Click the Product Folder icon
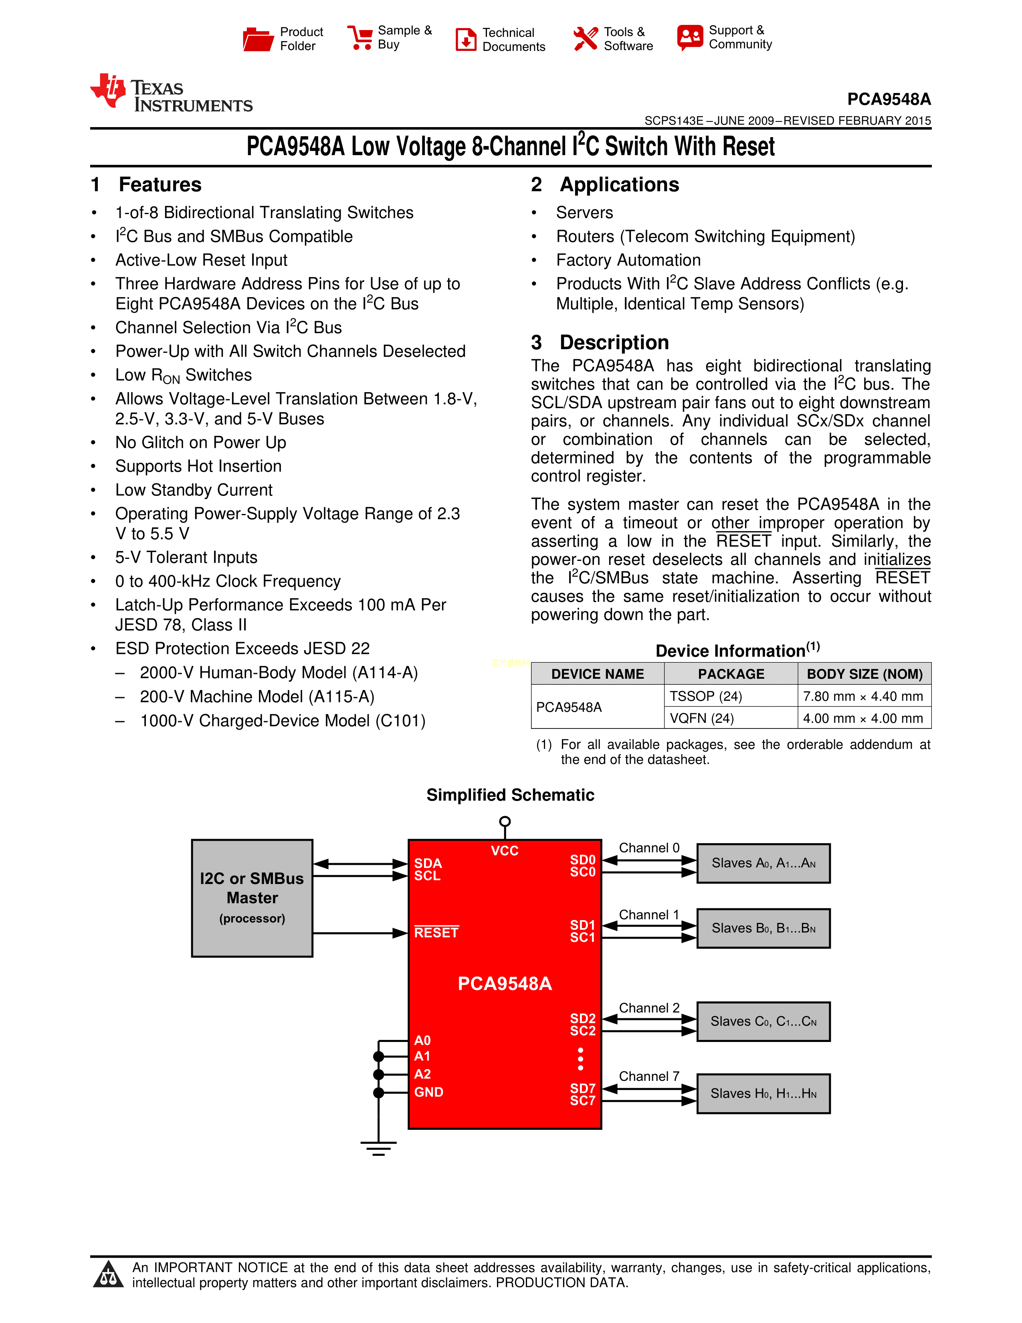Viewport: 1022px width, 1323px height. tap(258, 39)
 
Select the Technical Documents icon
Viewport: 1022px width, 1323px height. tap(466, 39)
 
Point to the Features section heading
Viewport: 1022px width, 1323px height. tap(160, 184)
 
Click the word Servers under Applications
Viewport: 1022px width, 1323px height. tap(584, 212)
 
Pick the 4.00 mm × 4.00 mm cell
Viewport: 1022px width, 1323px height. tap(863, 718)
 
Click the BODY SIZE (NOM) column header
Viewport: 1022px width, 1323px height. tap(864, 674)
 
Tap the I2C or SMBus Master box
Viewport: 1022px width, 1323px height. tap(252, 898)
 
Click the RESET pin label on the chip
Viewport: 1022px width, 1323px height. tap(436, 932)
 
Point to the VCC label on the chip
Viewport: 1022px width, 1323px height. tap(504, 850)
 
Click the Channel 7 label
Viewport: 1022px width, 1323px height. tap(648, 1076)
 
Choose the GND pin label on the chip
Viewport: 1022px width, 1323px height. tap(429, 1092)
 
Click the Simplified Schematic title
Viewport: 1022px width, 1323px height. tap(510, 795)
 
